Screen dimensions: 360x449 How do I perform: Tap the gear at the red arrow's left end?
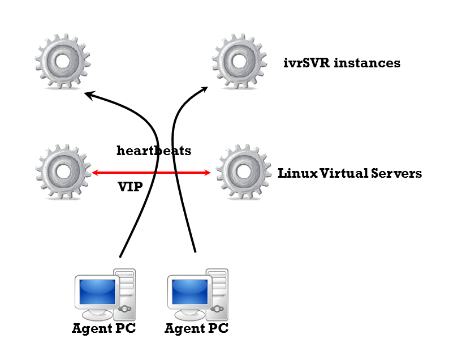pos(63,172)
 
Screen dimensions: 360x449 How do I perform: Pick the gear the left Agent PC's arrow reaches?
pos(63,61)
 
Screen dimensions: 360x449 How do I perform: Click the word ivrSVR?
pos(306,63)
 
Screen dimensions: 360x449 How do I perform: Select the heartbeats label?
pos(154,151)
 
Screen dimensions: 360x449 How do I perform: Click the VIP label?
pos(129,186)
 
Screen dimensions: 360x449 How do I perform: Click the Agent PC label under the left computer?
pos(104,328)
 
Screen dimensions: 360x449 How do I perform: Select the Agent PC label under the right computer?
pos(196,328)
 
